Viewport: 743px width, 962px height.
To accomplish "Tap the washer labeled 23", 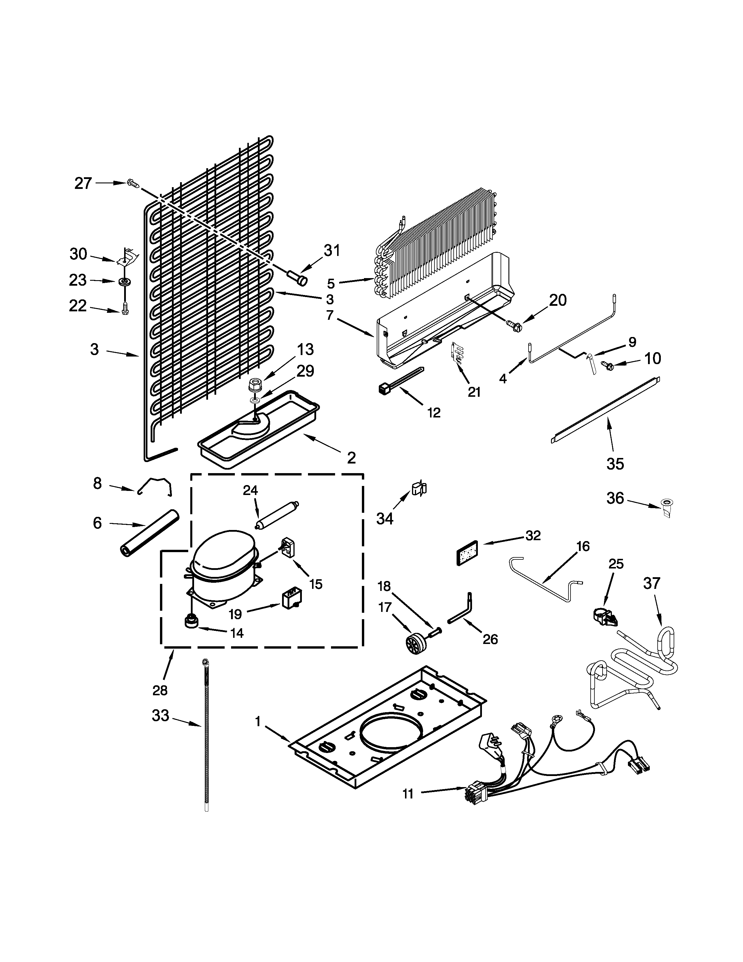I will [x=125, y=282].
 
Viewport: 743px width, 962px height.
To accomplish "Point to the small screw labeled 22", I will [x=125, y=309].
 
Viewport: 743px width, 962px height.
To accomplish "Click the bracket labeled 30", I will [x=128, y=256].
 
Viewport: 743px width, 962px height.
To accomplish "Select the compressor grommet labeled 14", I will [x=191, y=622].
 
